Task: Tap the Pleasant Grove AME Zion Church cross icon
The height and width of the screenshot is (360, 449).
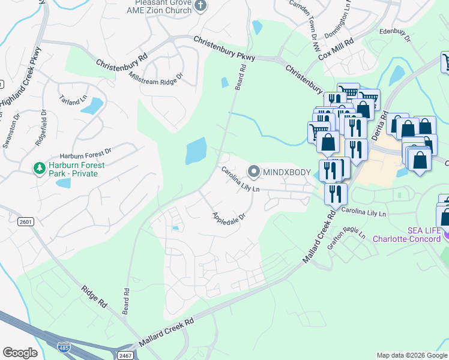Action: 201,6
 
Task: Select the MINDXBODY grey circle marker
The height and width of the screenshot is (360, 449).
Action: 254,172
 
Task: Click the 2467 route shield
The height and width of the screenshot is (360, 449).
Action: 125,356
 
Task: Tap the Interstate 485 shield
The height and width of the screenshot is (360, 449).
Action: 63,346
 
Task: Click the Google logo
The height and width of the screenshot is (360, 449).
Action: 20,353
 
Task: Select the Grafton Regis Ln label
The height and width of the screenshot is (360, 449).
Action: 350,227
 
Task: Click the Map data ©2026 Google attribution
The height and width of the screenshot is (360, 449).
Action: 412,355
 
